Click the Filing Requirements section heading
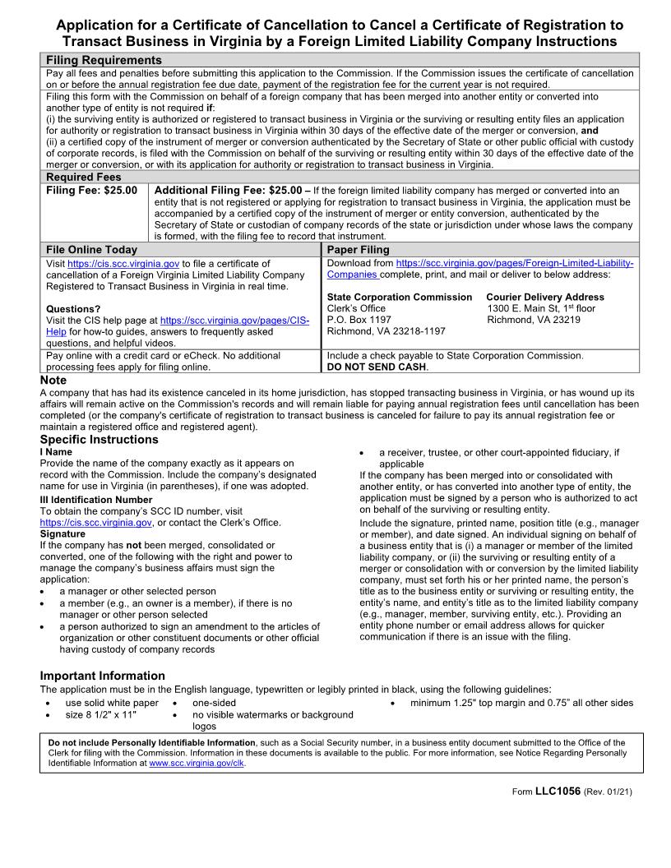click(104, 60)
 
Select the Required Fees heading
click(83, 177)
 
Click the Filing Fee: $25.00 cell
click(91, 190)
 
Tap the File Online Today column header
click(91, 249)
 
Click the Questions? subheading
click(72, 309)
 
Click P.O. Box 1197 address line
click(359, 320)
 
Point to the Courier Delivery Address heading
click(544, 297)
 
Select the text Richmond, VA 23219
click(533, 320)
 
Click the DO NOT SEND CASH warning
click(377, 367)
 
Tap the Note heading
click(53, 381)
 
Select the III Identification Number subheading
click(95, 500)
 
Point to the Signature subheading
click(62, 533)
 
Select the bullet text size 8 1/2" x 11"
click(100, 715)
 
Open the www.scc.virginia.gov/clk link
click(197, 763)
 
